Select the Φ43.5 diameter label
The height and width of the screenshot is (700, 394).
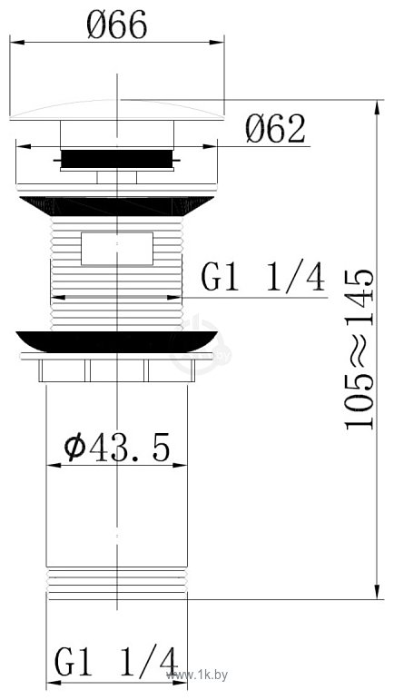click(116, 447)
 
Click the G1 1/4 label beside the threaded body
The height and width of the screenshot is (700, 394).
click(262, 279)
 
